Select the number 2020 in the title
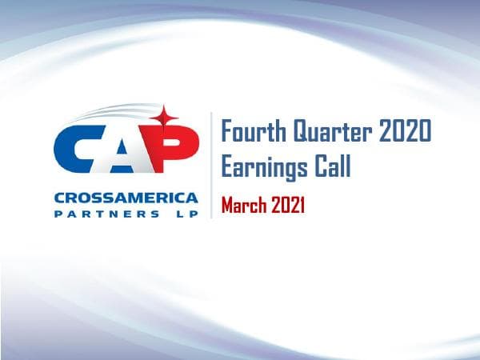[x=402, y=131]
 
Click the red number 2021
[x=287, y=206]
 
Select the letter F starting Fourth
[x=226, y=131]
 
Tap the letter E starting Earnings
[x=226, y=169]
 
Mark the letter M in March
[x=227, y=206]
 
